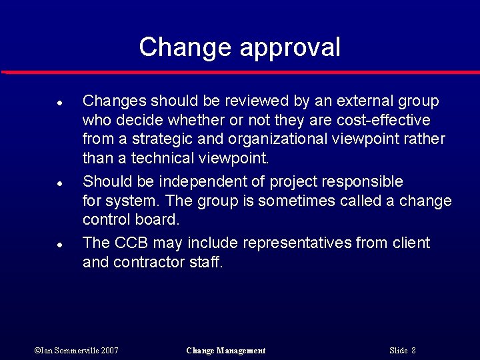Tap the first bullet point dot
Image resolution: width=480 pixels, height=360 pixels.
pos(59,103)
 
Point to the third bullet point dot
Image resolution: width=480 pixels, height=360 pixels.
pos(59,245)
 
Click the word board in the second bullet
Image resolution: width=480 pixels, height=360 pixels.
pos(159,219)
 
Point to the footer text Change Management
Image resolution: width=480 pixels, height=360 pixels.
pos(226,351)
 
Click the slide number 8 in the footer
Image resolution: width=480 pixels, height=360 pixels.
pos(413,351)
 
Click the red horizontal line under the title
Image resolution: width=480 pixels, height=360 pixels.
pos(240,71)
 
